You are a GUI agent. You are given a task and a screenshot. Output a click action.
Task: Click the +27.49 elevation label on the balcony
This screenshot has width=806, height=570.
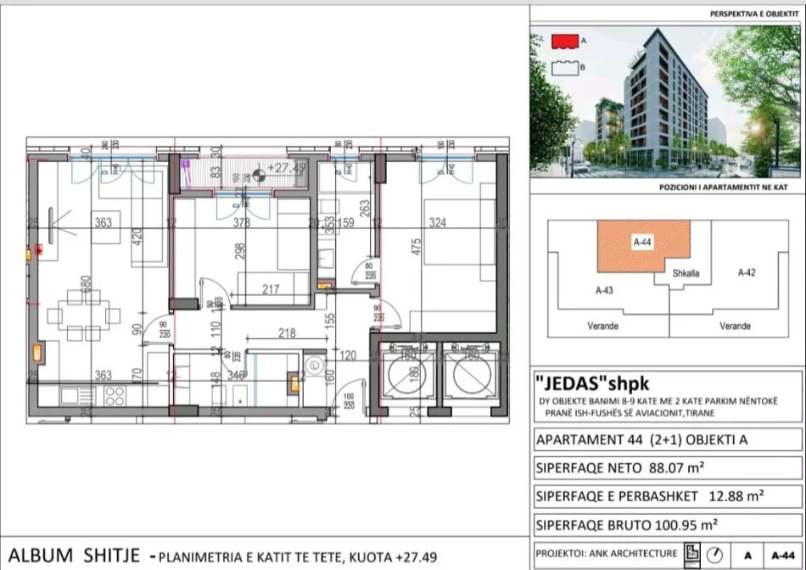(286, 168)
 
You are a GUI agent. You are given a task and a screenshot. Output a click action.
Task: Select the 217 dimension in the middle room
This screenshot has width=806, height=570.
(271, 290)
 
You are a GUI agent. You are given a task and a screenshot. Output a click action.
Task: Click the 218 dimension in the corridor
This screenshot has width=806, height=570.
(287, 334)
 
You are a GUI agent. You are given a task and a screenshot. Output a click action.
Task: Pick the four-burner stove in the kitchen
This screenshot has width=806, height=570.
(115, 394)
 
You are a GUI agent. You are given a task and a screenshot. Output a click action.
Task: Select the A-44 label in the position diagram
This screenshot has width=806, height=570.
(642, 242)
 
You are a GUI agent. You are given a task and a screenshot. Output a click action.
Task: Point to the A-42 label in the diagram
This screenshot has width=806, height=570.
(747, 272)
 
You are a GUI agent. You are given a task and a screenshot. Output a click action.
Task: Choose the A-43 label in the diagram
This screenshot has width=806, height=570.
(604, 290)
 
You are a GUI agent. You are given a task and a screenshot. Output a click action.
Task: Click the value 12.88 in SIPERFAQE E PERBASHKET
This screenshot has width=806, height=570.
(718, 495)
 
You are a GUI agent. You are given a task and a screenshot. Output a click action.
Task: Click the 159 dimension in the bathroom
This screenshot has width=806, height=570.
(346, 225)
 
